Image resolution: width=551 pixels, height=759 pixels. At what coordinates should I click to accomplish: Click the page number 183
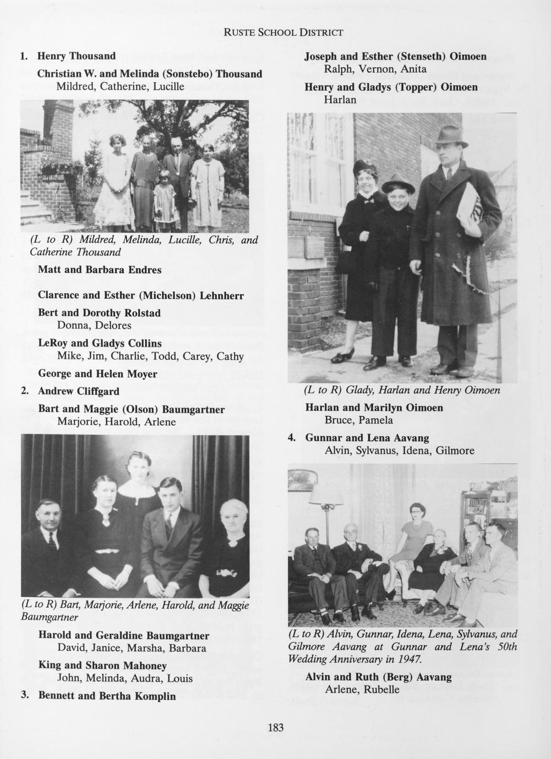click(275, 728)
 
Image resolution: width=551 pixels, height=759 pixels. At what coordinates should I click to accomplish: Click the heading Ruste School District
click(283, 32)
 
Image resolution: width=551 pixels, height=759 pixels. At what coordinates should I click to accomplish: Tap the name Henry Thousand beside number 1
click(76, 56)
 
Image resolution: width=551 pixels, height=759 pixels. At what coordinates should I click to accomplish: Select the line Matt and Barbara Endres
click(100, 270)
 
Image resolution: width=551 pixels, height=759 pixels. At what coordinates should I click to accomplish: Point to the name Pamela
click(376, 420)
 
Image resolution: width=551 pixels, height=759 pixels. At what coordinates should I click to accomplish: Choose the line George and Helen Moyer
click(97, 374)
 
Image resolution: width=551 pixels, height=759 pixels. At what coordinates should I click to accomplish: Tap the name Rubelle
click(381, 690)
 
